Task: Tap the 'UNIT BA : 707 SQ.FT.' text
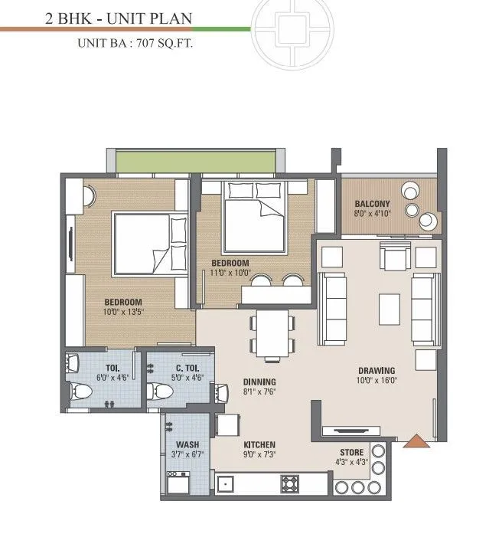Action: click(x=135, y=44)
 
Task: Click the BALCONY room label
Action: click(x=373, y=204)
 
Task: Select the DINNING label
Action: click(x=259, y=382)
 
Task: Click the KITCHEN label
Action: click(x=259, y=445)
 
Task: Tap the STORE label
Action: click(x=352, y=453)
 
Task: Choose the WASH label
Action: click(x=187, y=445)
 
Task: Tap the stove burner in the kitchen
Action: click(x=290, y=483)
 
